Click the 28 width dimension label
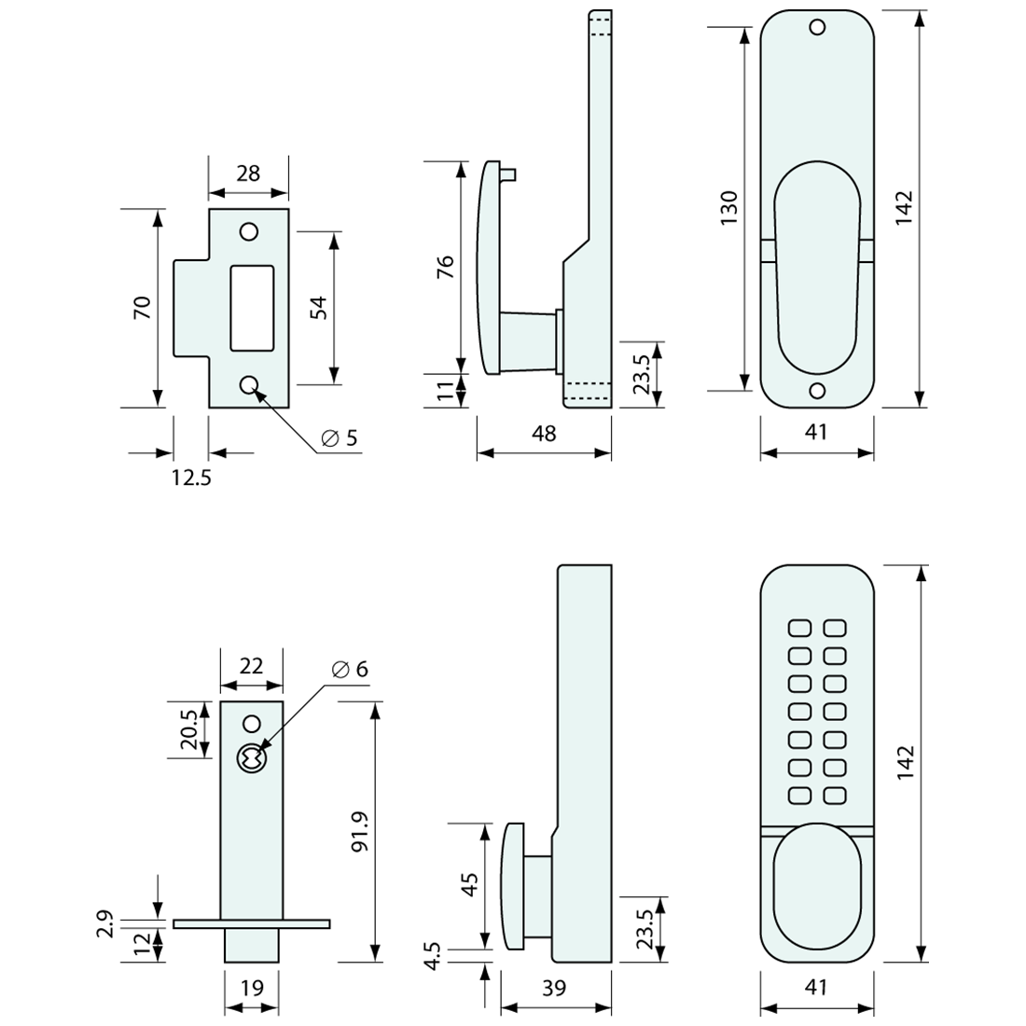click(248, 173)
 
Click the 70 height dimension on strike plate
click(142, 308)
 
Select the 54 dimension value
click(317, 308)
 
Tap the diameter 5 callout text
click(340, 438)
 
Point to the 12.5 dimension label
click(191, 478)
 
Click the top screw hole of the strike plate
click(249, 231)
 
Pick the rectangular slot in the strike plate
click(252, 308)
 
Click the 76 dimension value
click(446, 267)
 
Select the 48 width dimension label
click(543, 434)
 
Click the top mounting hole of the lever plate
click(817, 27)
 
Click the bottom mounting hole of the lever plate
click(817, 391)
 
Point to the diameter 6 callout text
click(350, 669)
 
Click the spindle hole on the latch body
click(250, 759)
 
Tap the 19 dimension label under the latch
click(252, 988)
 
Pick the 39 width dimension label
click(554, 988)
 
